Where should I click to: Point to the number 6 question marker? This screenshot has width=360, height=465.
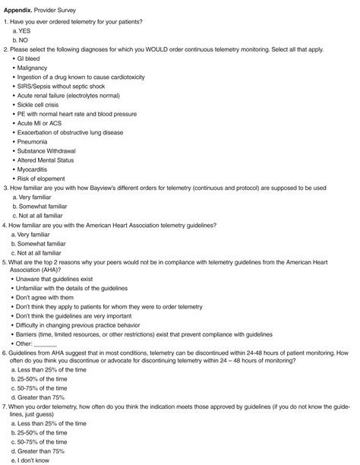[x=5, y=376]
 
